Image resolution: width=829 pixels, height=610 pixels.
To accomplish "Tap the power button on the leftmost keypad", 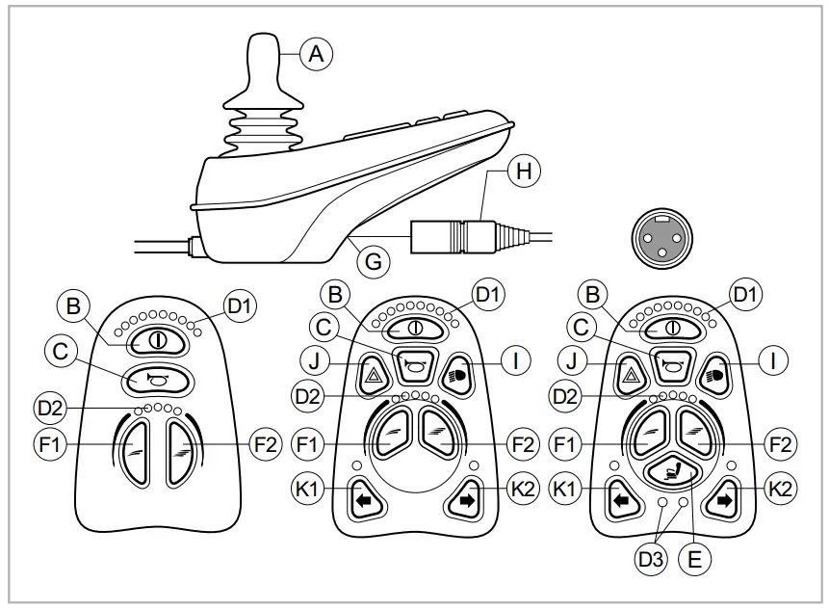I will tap(154, 340).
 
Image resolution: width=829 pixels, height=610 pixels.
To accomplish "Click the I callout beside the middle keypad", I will tap(517, 361).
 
